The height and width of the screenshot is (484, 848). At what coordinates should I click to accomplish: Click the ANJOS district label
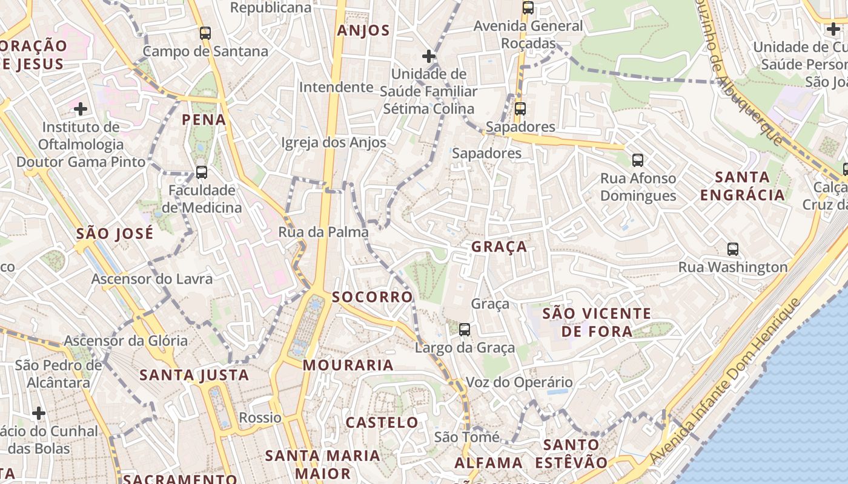click(x=363, y=31)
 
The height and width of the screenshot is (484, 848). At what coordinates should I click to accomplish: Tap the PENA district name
click(x=204, y=119)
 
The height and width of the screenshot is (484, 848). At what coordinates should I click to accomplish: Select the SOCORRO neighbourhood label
click(x=373, y=297)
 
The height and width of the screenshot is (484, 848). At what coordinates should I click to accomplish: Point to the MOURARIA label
click(x=348, y=365)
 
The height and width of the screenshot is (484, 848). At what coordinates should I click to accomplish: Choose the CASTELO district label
click(x=382, y=422)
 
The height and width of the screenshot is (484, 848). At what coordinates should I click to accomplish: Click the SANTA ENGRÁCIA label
click(x=742, y=186)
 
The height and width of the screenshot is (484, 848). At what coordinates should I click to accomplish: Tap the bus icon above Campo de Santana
click(x=205, y=33)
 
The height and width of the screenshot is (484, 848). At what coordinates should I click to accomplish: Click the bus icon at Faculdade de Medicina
click(x=202, y=172)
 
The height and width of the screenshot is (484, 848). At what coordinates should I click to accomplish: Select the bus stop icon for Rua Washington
click(x=733, y=249)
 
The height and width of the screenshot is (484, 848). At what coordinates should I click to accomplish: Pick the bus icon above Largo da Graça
click(x=465, y=330)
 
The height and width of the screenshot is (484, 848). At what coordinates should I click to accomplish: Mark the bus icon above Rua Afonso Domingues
click(x=638, y=160)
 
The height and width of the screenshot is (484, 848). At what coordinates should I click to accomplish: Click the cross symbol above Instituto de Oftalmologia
click(x=81, y=109)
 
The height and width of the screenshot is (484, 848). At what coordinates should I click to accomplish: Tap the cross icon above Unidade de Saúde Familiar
click(x=429, y=56)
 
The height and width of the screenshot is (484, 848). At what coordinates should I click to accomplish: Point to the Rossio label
click(x=260, y=417)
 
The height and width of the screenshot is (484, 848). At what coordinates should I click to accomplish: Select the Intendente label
click(x=336, y=87)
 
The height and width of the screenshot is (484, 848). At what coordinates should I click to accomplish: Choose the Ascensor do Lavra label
click(x=152, y=279)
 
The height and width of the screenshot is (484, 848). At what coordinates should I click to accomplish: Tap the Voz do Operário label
click(x=519, y=382)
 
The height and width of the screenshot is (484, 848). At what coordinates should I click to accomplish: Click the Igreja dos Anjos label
click(x=334, y=143)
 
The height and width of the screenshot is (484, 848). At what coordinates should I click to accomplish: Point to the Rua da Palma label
click(x=323, y=232)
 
